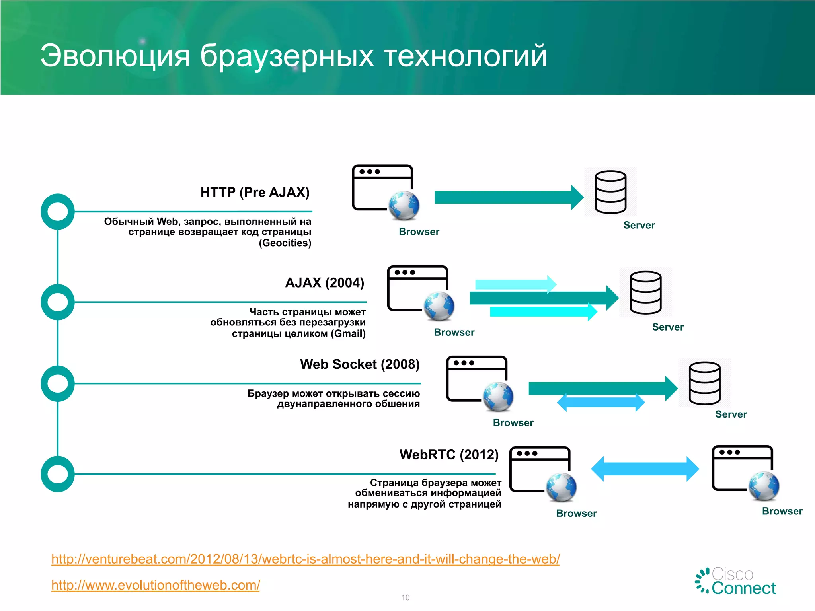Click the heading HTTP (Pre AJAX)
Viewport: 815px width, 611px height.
tap(255, 192)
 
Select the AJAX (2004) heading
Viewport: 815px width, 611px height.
tap(324, 283)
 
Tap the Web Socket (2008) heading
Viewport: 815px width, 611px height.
tap(360, 364)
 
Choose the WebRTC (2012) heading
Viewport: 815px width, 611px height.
tap(449, 455)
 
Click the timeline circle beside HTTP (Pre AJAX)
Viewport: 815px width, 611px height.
tap(58, 211)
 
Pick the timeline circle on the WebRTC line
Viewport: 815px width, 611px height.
tap(58, 474)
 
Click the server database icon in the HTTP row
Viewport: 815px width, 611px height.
tap(610, 192)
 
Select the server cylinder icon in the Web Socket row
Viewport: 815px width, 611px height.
tap(704, 383)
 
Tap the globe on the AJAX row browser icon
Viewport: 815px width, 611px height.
tap(439, 306)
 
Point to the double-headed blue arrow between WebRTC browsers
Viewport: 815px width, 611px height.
tap(645, 469)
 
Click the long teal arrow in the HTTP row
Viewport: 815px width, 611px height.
tap(507, 197)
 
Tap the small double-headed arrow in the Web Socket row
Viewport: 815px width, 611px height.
tap(601, 402)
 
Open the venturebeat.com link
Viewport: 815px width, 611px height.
tap(305, 559)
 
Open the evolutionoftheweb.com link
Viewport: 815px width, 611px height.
tap(156, 585)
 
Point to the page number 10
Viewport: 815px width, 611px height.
tap(405, 597)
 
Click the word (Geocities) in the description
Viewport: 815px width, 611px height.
tap(285, 243)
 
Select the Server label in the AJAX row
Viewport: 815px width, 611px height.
tap(668, 327)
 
